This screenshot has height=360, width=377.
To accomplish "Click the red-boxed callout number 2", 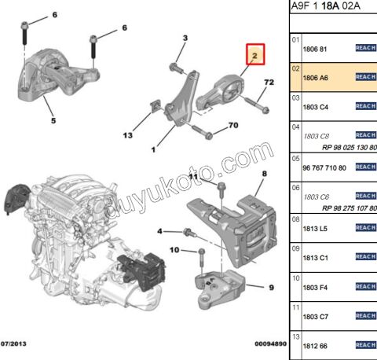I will click(x=254, y=55).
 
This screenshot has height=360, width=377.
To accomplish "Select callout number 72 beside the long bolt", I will click(x=268, y=82).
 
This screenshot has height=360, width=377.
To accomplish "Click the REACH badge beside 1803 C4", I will click(x=365, y=107).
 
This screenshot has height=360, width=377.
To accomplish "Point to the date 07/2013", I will click(x=16, y=343).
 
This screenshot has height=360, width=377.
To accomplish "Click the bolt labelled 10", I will click(x=200, y=261).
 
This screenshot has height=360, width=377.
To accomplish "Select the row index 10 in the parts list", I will click(x=296, y=277).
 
